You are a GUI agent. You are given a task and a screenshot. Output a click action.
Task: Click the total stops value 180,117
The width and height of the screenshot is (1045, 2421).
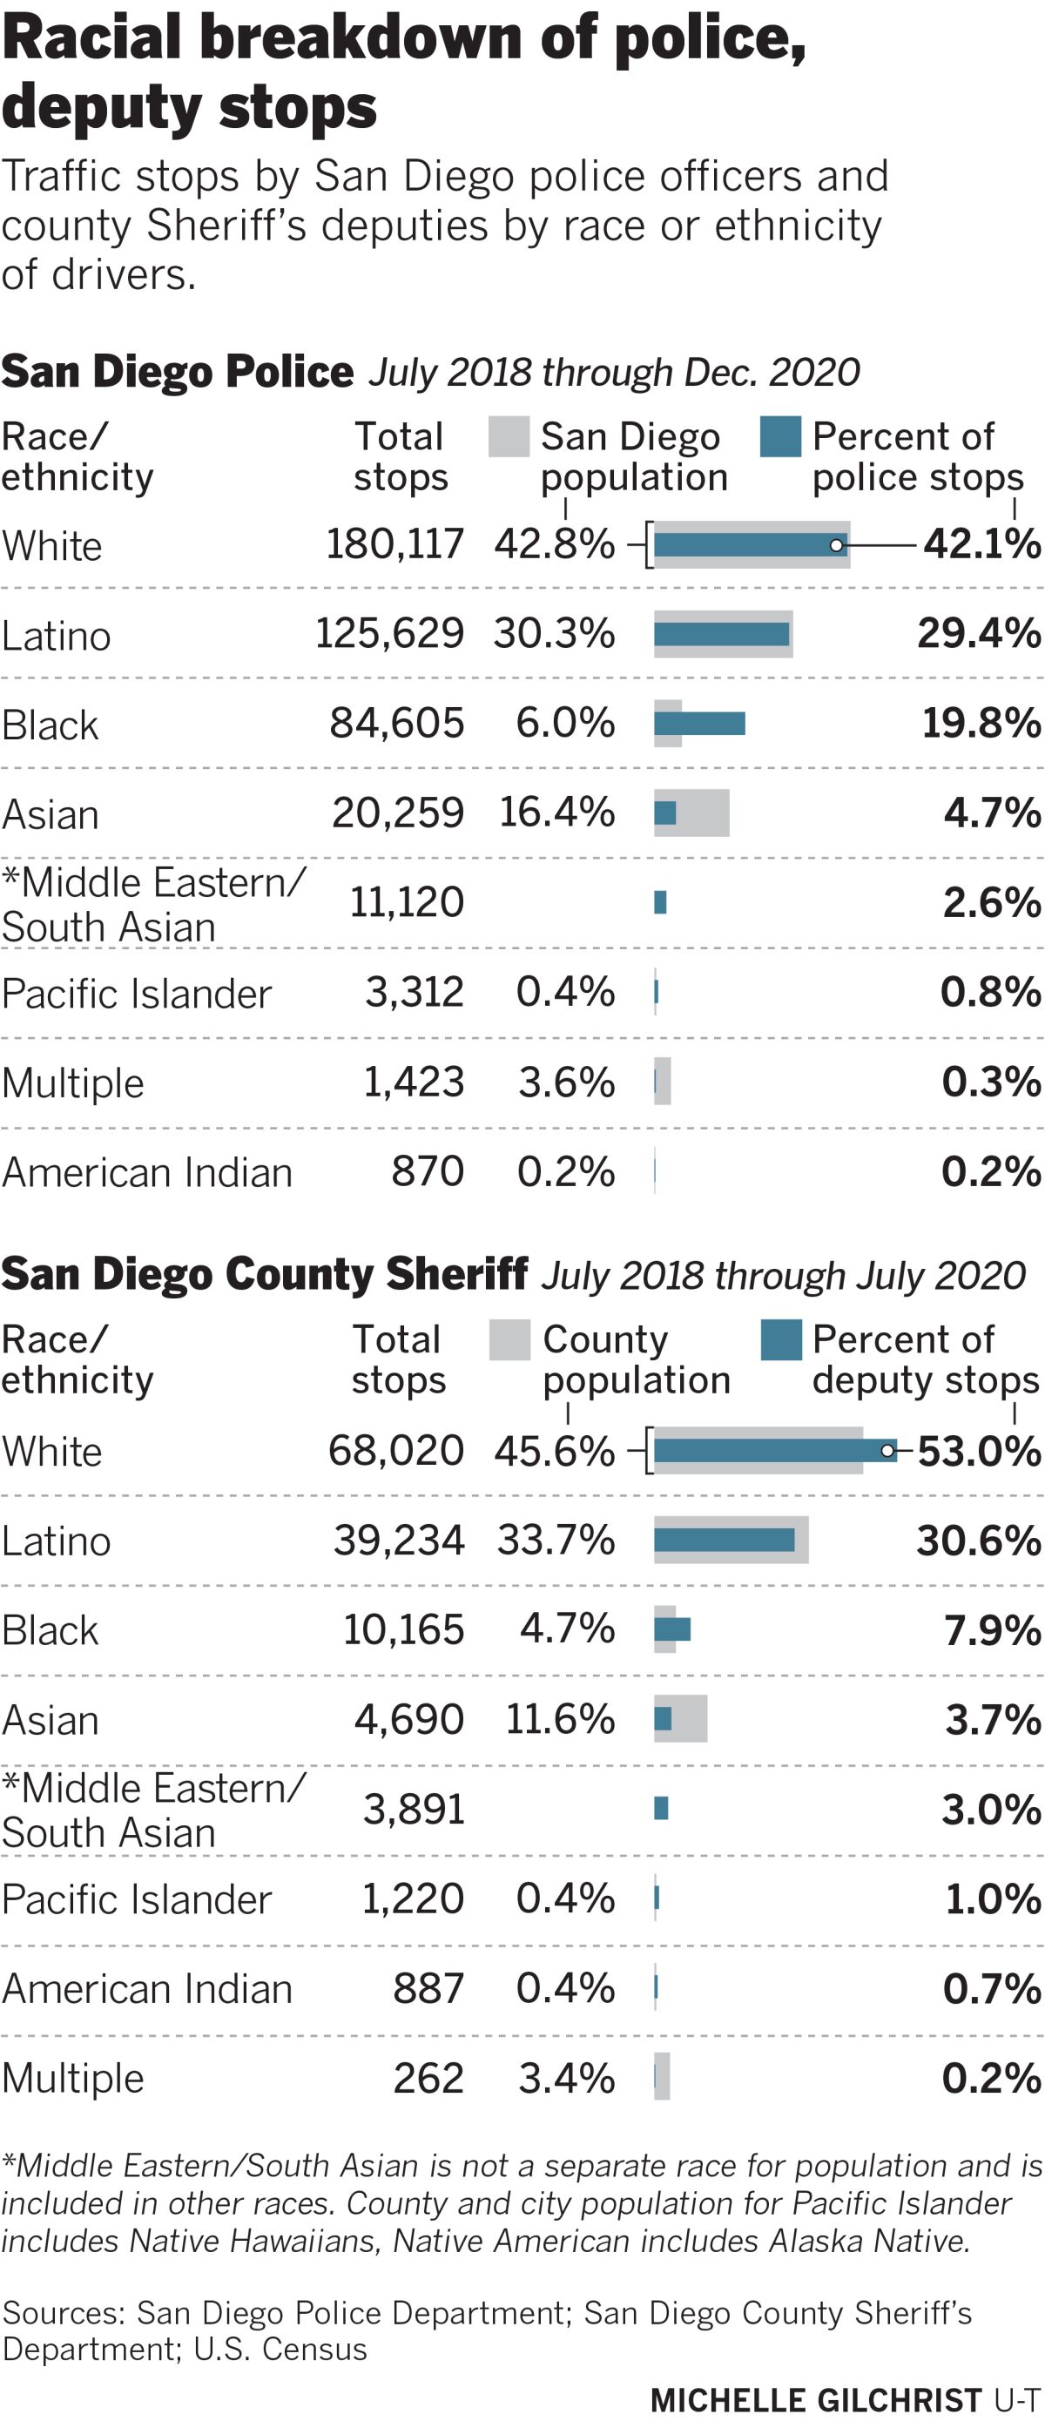(x=394, y=543)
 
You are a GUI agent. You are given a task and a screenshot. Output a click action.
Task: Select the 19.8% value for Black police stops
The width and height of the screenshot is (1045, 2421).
(x=981, y=723)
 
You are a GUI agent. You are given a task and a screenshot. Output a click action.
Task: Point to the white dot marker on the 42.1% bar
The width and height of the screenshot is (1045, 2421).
(x=836, y=545)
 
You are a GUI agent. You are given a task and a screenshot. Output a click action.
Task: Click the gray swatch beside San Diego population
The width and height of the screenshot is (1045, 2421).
(x=509, y=437)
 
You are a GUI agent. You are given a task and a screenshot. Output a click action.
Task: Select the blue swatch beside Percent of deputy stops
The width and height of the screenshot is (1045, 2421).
(x=781, y=1339)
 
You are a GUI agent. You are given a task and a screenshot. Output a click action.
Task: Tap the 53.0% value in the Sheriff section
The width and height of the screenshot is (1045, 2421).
(x=978, y=1451)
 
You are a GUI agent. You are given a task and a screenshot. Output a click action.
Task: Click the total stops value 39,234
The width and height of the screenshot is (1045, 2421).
(x=399, y=1541)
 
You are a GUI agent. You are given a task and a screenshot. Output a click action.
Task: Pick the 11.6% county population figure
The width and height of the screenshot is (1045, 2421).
(x=560, y=1719)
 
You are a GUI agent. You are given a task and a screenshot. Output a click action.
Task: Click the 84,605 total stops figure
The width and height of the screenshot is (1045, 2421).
(x=396, y=723)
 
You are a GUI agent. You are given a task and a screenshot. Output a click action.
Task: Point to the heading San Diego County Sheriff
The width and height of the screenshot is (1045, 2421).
(x=264, y=1274)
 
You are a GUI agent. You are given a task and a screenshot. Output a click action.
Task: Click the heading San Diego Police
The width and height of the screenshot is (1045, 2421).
(x=177, y=371)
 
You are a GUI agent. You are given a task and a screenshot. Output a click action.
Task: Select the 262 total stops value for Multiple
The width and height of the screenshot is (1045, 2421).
(x=428, y=2078)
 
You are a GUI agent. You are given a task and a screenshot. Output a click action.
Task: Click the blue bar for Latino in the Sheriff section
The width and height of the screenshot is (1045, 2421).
(x=724, y=1540)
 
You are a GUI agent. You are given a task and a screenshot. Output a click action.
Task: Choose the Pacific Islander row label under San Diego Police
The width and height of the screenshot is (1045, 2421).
(x=136, y=994)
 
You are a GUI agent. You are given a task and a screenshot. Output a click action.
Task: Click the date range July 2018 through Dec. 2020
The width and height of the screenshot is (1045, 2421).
(x=614, y=372)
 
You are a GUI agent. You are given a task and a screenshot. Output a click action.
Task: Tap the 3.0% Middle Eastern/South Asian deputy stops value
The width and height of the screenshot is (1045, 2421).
(x=990, y=1809)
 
